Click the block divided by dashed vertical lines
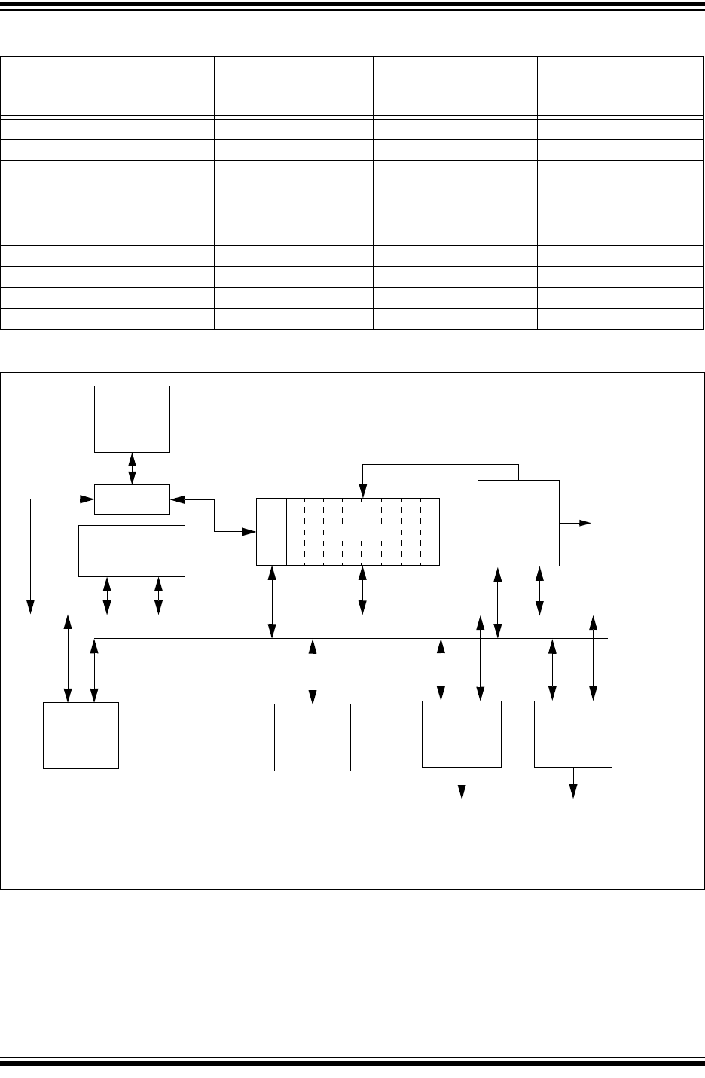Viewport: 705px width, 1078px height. click(x=362, y=531)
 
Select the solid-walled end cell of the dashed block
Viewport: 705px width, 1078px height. click(x=271, y=531)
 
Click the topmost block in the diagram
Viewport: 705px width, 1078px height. click(x=132, y=419)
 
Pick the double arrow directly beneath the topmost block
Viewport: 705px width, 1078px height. click(x=133, y=468)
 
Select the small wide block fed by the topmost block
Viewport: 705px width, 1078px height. click(x=132, y=499)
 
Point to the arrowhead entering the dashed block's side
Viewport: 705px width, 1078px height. click(x=249, y=532)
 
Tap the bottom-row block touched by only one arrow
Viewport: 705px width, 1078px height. click(x=312, y=737)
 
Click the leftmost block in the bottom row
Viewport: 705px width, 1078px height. click(x=81, y=734)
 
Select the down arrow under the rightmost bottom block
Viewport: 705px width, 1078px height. click(x=573, y=787)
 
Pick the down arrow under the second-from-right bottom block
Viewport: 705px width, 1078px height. click(x=462, y=787)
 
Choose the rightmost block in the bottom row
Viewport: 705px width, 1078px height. click(x=572, y=734)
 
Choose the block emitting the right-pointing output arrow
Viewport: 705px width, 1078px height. click(x=519, y=522)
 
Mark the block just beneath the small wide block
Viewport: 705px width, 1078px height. click(x=132, y=551)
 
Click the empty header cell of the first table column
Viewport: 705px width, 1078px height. click(x=107, y=85)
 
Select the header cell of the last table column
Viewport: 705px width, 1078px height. click(x=620, y=85)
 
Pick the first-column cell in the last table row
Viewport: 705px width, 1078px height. click(x=107, y=319)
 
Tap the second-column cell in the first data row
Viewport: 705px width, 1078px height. click(x=293, y=128)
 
